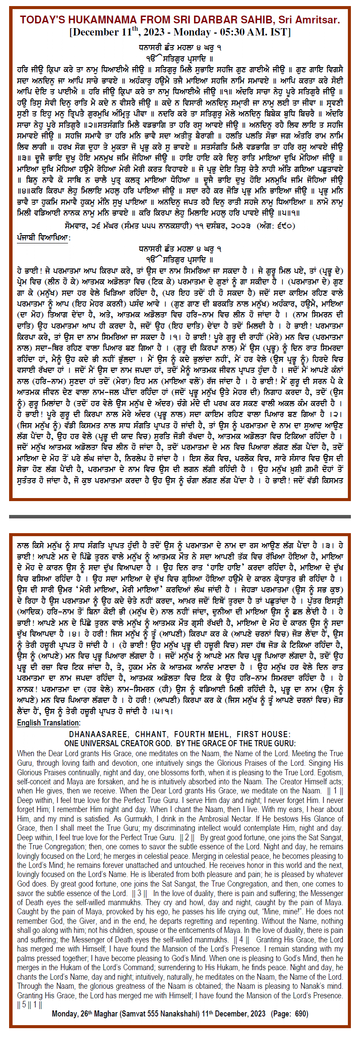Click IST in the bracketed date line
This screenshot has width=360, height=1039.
tap(280, 32)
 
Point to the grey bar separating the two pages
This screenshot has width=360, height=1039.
tap(180, 516)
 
